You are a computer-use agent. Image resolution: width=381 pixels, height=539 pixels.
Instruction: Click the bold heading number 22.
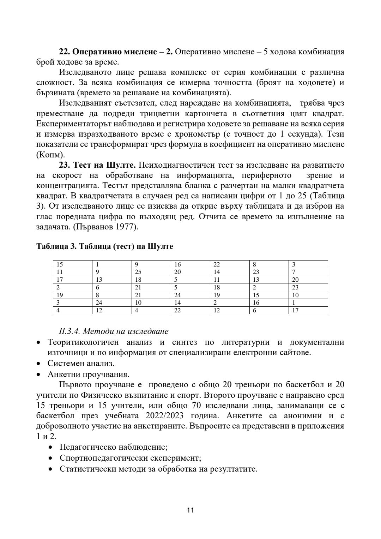pyautogui.click(x=65, y=52)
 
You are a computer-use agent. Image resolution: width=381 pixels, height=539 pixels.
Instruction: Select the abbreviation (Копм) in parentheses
pyautogui.click(x=51, y=155)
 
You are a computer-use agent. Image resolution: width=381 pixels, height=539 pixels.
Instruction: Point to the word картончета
pyautogui.click(x=208, y=114)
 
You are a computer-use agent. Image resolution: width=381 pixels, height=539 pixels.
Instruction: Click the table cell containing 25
pyautogui.click(x=138, y=272)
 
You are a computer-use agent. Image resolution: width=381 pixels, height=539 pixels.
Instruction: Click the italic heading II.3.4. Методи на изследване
pyautogui.click(x=114, y=331)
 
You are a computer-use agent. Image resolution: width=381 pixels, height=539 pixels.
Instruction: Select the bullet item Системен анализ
pyautogui.click(x=81, y=363)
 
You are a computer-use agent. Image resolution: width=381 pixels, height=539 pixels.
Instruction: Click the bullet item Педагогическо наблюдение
pyautogui.click(x=113, y=447)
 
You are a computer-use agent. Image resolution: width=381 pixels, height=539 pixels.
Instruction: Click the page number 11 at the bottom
pyautogui.click(x=190, y=510)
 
